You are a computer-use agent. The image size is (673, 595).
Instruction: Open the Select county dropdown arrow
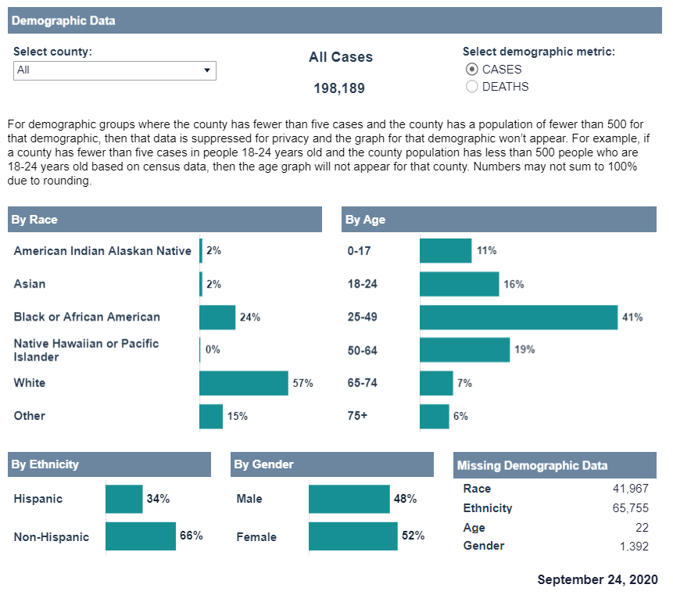click(207, 70)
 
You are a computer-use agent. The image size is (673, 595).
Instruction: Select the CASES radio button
click(472, 70)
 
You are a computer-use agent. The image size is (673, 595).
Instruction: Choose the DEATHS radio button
click(472, 87)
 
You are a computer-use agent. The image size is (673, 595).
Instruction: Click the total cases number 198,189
click(339, 88)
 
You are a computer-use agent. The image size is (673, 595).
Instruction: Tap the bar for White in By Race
click(244, 383)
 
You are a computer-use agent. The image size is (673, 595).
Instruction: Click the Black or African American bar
click(217, 317)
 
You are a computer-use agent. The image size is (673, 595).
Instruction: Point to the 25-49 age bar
click(519, 317)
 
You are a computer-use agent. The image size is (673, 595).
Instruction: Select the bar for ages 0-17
click(446, 251)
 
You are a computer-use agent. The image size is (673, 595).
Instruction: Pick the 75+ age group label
click(357, 416)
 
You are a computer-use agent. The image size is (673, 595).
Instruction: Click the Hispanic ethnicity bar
click(124, 499)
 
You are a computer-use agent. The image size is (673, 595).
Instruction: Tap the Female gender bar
click(353, 536)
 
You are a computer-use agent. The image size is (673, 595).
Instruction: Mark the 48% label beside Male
click(405, 499)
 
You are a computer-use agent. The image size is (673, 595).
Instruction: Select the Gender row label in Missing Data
click(483, 546)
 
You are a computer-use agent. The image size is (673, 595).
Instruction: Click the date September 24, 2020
click(597, 580)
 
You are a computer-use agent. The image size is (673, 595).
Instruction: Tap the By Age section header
click(365, 220)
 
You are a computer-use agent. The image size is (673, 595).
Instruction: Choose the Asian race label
click(30, 284)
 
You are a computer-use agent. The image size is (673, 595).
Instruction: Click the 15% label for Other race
click(238, 417)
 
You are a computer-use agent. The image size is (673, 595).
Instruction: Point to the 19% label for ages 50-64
click(524, 349)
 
